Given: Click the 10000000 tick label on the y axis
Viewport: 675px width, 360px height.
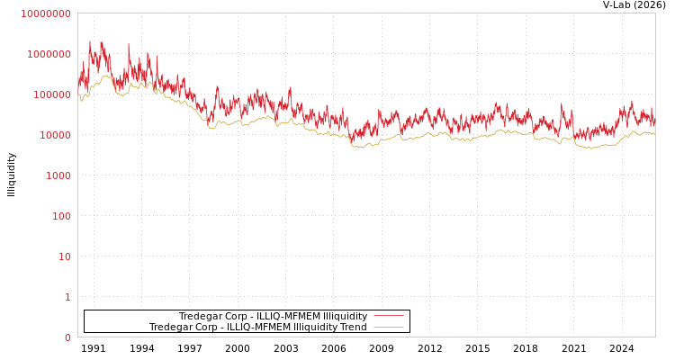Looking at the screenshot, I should (x=45, y=13).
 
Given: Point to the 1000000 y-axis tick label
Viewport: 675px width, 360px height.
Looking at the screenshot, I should (x=48, y=54).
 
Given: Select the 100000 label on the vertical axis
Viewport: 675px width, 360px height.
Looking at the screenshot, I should (x=50, y=94).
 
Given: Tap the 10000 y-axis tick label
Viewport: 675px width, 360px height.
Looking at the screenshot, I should (x=53, y=135).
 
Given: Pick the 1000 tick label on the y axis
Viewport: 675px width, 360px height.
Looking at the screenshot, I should (x=57, y=175).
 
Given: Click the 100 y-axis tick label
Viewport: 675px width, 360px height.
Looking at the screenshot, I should (x=59, y=216).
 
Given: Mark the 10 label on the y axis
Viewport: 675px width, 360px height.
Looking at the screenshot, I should (x=63, y=256).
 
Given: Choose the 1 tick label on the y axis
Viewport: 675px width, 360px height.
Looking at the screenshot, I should (x=67, y=297).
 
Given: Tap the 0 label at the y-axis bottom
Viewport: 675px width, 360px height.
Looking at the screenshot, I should (x=67, y=337).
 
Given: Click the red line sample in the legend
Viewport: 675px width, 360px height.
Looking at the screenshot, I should (x=388, y=316).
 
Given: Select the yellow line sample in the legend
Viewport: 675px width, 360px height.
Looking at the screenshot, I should (x=388, y=327).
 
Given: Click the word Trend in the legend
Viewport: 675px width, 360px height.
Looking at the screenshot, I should (x=353, y=328).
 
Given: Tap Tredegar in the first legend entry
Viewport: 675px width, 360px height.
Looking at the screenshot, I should (x=201, y=317).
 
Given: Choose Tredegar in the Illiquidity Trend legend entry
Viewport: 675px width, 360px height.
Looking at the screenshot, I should (x=171, y=328).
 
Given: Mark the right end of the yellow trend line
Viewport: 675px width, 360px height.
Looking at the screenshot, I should (x=654, y=134).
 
